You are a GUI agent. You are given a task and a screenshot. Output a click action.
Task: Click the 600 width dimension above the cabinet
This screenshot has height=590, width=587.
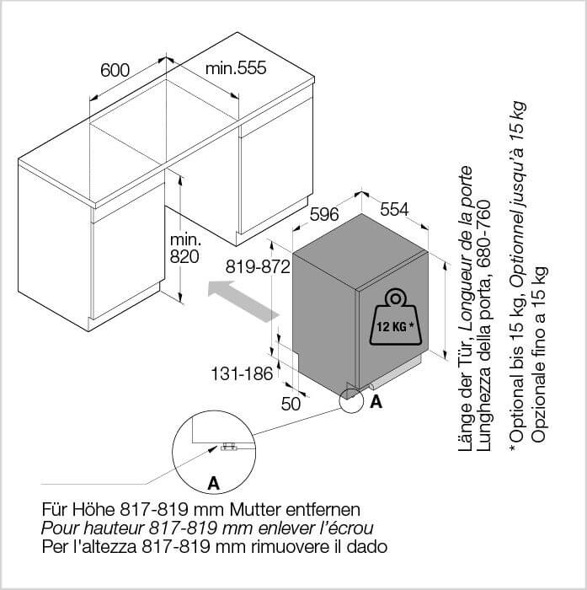pyautogui.click(x=115, y=70)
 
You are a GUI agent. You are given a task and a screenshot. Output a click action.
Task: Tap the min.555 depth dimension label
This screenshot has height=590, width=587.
pyautogui.click(x=236, y=68)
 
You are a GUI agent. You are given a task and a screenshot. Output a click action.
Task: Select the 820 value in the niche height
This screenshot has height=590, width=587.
pyautogui.click(x=184, y=256)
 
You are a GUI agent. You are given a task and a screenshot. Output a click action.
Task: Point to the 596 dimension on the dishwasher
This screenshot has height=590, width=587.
pyautogui.click(x=324, y=214)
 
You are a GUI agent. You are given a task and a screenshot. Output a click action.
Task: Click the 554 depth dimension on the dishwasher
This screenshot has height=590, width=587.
pyautogui.click(x=394, y=209)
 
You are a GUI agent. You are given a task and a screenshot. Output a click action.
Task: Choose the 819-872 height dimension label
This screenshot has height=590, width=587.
pyautogui.click(x=258, y=267)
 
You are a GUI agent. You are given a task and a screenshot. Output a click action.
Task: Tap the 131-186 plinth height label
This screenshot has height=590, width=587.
pyautogui.click(x=242, y=373)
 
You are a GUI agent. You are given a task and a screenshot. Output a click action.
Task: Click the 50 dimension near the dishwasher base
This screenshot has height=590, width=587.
pyautogui.click(x=291, y=404)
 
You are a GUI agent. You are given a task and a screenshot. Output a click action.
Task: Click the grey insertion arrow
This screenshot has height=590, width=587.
pyautogui.click(x=243, y=301)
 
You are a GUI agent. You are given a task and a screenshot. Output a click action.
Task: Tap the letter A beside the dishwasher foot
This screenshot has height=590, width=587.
pyautogui.click(x=376, y=402)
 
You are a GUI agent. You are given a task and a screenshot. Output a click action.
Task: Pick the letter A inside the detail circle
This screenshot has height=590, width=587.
pyautogui.click(x=214, y=483)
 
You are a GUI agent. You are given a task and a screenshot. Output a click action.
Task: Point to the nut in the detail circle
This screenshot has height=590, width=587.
pyautogui.click(x=229, y=447)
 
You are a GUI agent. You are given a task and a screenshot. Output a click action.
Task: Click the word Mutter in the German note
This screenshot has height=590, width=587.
pyautogui.click(x=255, y=509)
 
